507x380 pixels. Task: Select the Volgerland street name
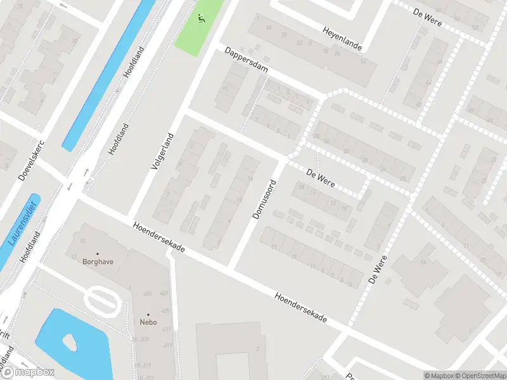pyautogui.click(x=162, y=151)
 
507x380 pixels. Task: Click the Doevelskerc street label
pyautogui.click(x=29, y=160)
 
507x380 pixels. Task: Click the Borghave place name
pyautogui.click(x=97, y=261)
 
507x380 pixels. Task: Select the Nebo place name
pyautogui.click(x=149, y=322)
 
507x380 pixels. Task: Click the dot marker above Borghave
pyautogui.click(x=97, y=253)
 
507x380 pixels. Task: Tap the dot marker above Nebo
pyautogui.click(x=149, y=314)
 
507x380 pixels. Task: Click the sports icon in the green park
pyautogui.click(x=202, y=18)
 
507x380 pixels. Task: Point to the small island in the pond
pyautogui.click(x=69, y=343)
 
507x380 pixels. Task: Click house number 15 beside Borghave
pyautogui.click(x=82, y=241)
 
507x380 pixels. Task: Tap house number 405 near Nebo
pyautogui.click(x=165, y=311)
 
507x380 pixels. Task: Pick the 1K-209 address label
pyautogui.click(x=140, y=340)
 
